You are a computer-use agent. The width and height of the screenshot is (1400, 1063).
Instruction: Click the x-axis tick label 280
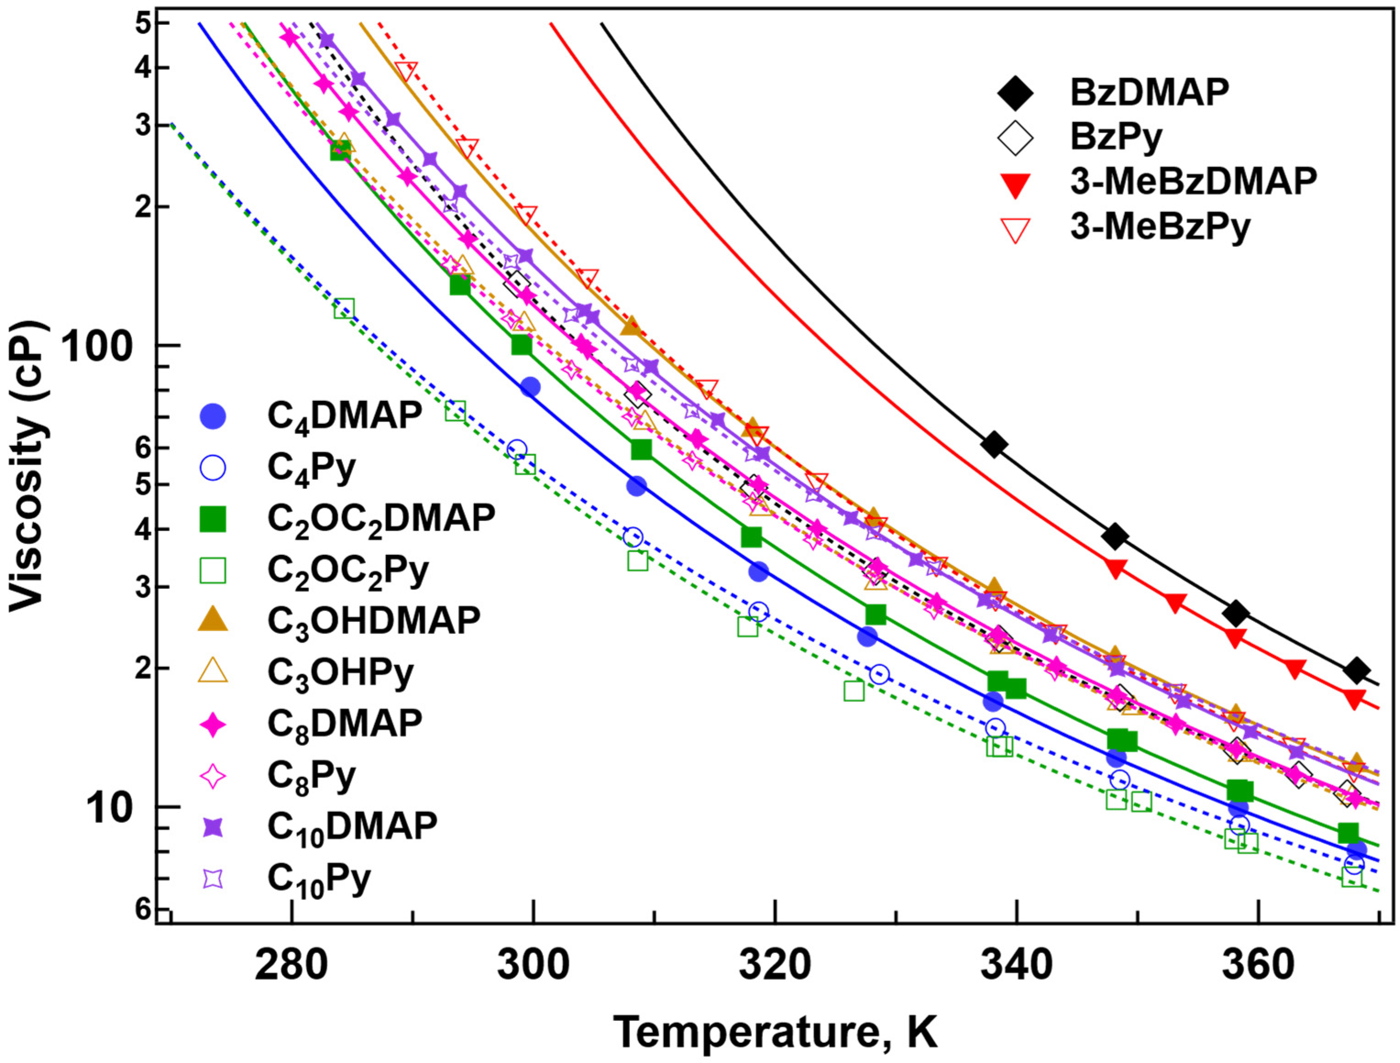291,967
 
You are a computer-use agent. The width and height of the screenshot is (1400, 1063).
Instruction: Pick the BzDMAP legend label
1149,93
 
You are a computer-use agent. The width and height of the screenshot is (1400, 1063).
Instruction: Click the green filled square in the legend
213,518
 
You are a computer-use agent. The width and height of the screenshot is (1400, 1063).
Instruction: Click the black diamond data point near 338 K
994,445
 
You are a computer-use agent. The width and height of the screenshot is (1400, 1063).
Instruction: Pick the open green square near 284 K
344,309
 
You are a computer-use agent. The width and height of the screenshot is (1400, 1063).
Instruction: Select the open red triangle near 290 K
406,71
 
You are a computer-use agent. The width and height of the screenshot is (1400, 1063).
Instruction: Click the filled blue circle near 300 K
530,387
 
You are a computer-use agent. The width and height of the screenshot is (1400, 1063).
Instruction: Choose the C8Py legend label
312,776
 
